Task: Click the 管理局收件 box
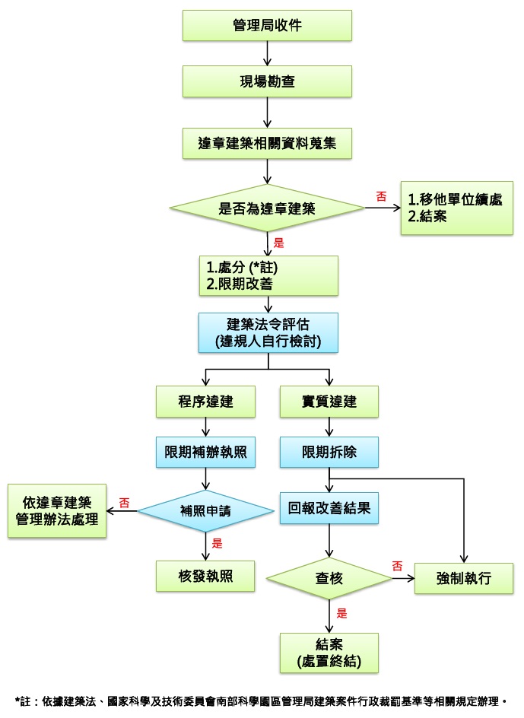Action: (x=267, y=26)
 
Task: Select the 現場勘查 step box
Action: (x=267, y=81)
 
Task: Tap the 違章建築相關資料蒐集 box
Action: (x=267, y=143)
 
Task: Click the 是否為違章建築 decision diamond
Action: (x=267, y=208)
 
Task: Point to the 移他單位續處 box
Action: (x=456, y=208)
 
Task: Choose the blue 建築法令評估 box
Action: (x=268, y=333)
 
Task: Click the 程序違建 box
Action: (x=205, y=402)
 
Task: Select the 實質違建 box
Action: (x=329, y=402)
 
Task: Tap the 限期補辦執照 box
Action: (x=205, y=452)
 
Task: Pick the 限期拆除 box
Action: (x=329, y=452)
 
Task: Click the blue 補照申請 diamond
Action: (x=205, y=511)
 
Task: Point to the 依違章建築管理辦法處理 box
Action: (x=57, y=511)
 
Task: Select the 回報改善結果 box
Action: (x=329, y=508)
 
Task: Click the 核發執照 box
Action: (x=205, y=576)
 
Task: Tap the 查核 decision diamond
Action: (x=329, y=578)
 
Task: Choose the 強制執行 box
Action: (x=464, y=578)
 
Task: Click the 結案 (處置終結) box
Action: (x=329, y=653)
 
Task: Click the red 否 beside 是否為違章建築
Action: (x=381, y=196)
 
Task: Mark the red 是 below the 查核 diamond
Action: (x=341, y=613)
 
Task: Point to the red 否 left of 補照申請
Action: (x=124, y=503)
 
